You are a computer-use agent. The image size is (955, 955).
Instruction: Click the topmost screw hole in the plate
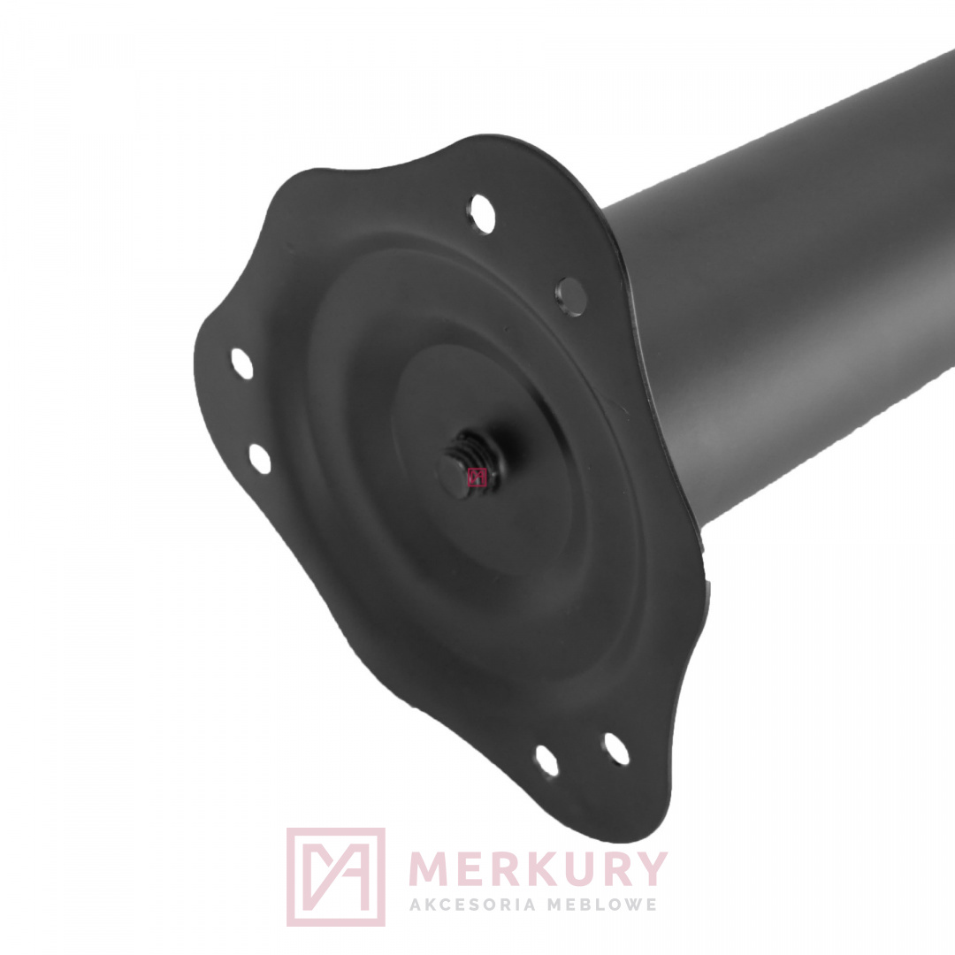point(483,214)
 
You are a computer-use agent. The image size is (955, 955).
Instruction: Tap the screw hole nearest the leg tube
point(571,296)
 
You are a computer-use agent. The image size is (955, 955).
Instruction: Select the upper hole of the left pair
point(242,363)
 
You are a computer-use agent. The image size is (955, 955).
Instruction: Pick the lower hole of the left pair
point(260,459)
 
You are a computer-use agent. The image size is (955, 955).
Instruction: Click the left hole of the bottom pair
point(547,760)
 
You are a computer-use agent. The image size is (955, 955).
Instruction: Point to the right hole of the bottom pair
point(616,749)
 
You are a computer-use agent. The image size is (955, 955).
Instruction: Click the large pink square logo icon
point(336,876)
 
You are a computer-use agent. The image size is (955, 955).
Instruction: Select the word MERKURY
point(539,869)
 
